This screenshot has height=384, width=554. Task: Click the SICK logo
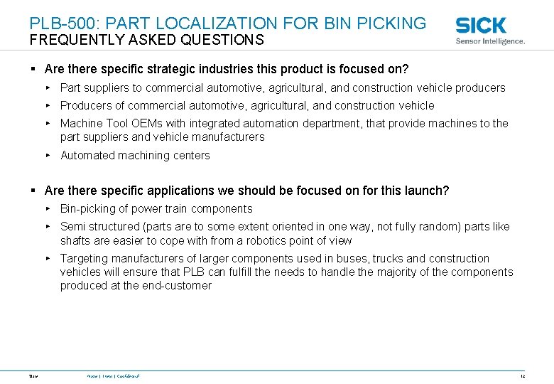point(481,26)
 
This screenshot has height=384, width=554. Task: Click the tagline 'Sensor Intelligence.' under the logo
point(490,41)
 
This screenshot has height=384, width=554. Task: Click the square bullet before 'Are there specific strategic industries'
point(33,70)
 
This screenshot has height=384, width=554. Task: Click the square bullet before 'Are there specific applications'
point(33,191)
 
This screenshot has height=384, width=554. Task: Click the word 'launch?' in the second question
point(426,191)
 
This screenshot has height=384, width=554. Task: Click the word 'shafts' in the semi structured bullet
point(75,240)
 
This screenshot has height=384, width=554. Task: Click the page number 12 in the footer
point(522,375)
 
